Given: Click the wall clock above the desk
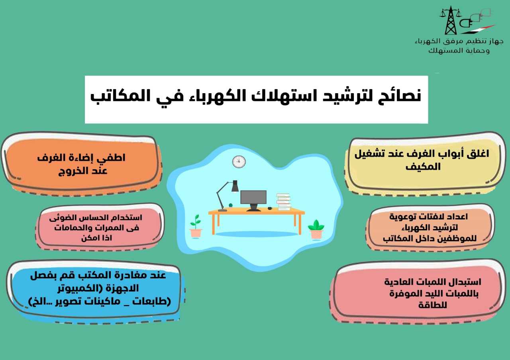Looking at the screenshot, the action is click(239, 162).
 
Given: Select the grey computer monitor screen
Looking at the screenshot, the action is click(253, 197).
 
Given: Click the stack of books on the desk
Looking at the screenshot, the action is click(283, 202).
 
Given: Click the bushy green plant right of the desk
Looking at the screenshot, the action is click(316, 229).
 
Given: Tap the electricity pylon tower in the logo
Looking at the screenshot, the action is click(451, 20).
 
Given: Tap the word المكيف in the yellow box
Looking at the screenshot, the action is click(423, 166).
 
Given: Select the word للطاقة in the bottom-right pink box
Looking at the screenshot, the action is click(433, 305).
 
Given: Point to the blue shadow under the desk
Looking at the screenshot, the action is click(256, 234).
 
